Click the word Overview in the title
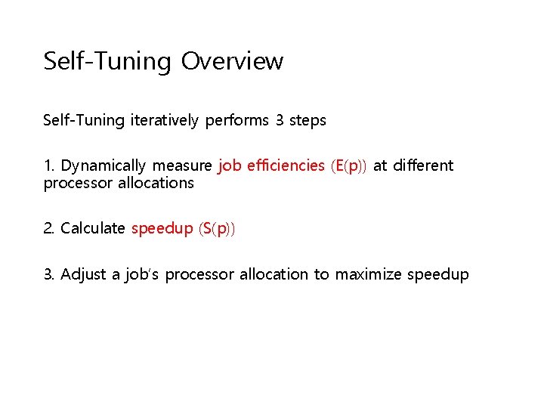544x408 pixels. point(232,61)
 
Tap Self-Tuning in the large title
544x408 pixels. point(108,61)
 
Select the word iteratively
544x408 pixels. point(164,121)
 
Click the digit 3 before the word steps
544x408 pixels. point(281,121)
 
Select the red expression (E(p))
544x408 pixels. point(348,166)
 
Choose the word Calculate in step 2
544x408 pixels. point(92,229)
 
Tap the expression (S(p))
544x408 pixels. point(218,229)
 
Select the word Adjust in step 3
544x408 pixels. point(83,275)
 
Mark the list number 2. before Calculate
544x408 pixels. point(49,229)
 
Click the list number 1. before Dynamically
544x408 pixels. point(49,166)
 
